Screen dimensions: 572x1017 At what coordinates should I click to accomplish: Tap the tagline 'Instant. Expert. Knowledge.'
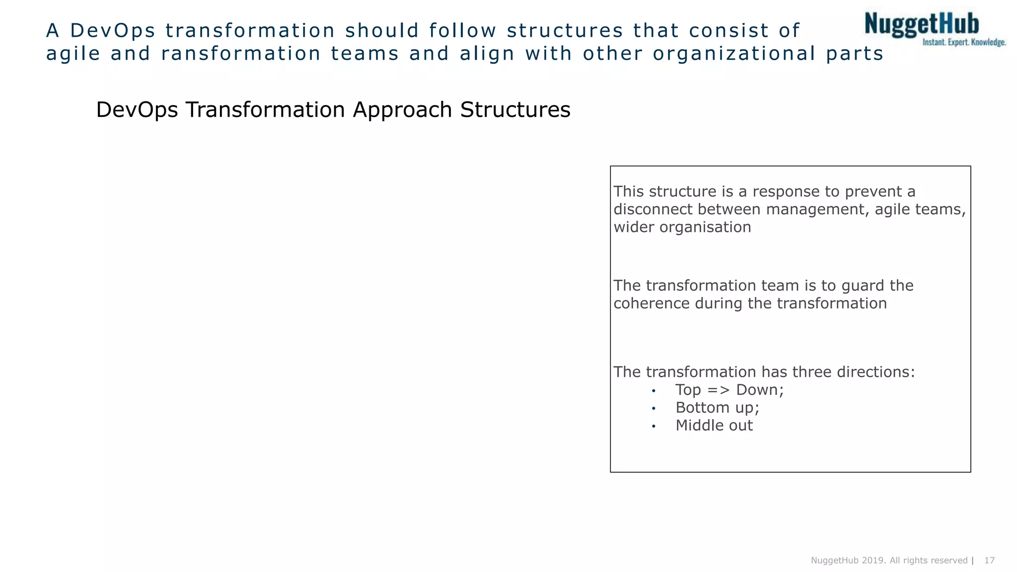pos(964,43)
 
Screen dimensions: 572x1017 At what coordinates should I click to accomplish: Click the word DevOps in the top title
pos(113,31)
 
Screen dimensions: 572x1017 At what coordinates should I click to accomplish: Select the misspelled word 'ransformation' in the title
pos(241,54)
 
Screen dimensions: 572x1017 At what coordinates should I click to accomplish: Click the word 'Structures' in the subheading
pos(515,110)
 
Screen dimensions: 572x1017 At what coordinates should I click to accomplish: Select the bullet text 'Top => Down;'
pos(729,390)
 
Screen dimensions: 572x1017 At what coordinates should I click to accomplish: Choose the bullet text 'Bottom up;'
pos(717,408)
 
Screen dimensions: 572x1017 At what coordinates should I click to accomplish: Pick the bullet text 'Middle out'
pos(714,426)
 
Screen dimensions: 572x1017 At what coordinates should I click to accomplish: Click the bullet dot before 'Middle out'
pos(654,427)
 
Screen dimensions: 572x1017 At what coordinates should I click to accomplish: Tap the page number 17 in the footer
pos(989,561)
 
